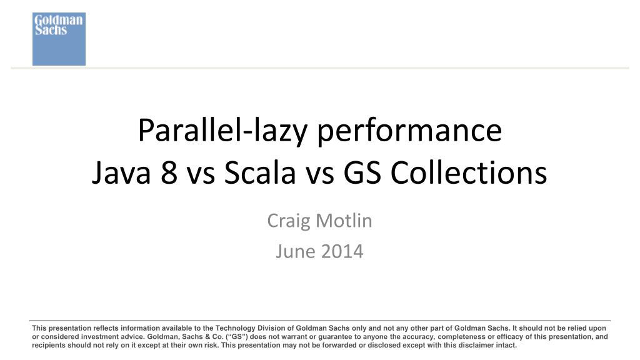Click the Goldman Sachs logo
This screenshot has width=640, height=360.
[x=59, y=39]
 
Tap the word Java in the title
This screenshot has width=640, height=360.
[x=122, y=173]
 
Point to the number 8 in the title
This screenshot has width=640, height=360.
[x=168, y=173]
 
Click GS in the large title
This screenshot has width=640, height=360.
[x=364, y=173]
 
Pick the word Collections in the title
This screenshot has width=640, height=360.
[x=469, y=173]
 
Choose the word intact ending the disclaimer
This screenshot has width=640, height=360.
[x=507, y=344]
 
